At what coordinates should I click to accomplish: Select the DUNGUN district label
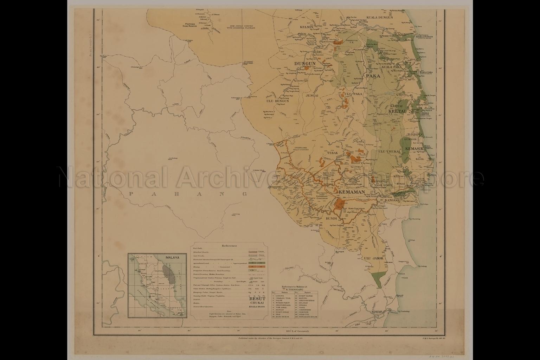pyautogui.click(x=305, y=64)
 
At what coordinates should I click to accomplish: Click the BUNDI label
pyautogui.click(x=332, y=218)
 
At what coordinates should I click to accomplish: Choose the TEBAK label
pyautogui.click(x=332, y=153)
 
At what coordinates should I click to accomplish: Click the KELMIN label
pyautogui.click(x=307, y=27)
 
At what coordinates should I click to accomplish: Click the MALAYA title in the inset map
pyautogui.click(x=172, y=257)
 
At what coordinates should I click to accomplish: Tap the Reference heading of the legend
pyautogui.click(x=229, y=246)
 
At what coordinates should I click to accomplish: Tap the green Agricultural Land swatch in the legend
pyautogui.click(x=252, y=263)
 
